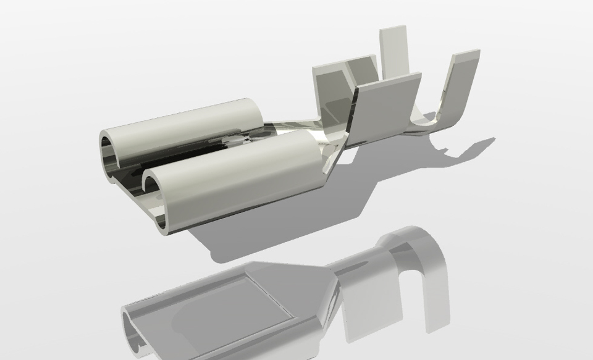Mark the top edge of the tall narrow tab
point(393,28)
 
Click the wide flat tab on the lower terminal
point(371,309)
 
